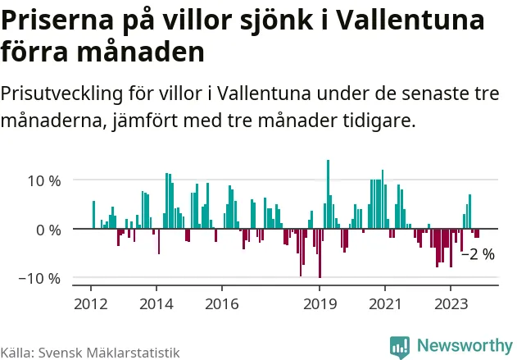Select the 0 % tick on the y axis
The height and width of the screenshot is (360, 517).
point(48,230)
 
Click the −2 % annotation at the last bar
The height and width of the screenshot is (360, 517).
point(478,254)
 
